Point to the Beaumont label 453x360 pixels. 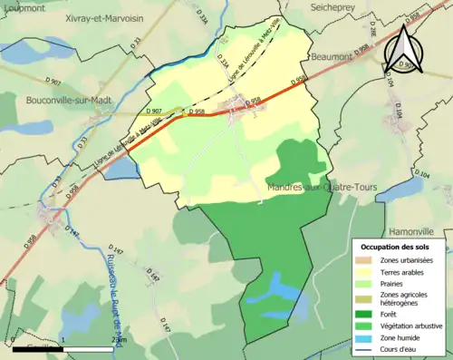pyautogui.click(x=331, y=56)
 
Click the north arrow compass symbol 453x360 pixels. pyautogui.click(x=403, y=47)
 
